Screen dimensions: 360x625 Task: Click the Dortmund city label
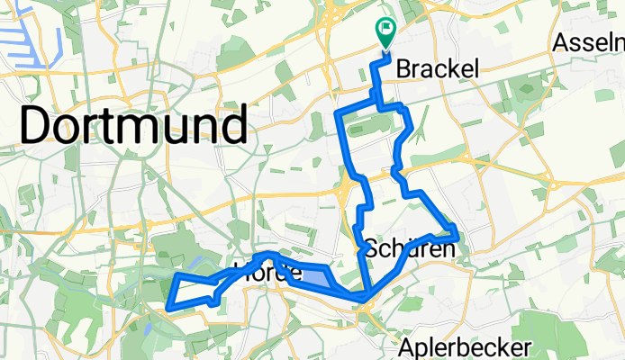[x=133, y=126]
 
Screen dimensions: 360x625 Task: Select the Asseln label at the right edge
[x=590, y=42]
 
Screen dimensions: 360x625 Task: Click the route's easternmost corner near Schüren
[x=459, y=236]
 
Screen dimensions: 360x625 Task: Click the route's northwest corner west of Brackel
[x=339, y=114]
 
